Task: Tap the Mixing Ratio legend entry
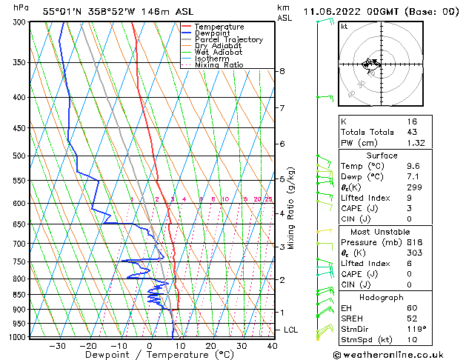pos(219,65)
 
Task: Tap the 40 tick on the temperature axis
pos(272,345)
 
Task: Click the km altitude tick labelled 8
pos(282,71)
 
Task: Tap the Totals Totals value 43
pos(411,132)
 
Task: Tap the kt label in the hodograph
pos(344,27)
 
